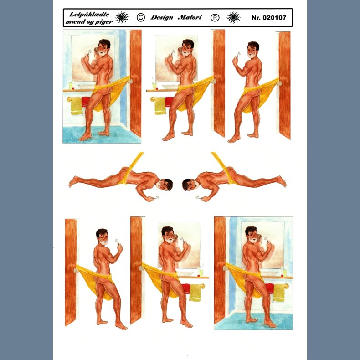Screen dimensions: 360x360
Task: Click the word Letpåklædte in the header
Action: tap(89, 15)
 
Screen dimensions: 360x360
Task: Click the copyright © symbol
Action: tap(141, 17)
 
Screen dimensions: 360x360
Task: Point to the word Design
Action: tap(162, 18)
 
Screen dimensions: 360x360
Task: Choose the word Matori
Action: tap(190, 17)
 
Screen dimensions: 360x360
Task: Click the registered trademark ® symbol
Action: tap(215, 18)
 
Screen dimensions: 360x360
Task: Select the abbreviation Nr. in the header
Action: tap(256, 18)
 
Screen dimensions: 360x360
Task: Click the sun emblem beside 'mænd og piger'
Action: tap(122, 17)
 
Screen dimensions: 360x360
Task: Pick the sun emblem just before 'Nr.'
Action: tap(233, 17)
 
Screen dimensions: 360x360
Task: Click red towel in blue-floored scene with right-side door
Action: tap(85, 102)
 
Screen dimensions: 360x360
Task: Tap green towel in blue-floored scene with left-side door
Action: tap(279, 293)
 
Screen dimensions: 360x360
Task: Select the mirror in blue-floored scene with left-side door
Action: tap(263, 245)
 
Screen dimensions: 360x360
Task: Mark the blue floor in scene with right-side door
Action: tap(101, 135)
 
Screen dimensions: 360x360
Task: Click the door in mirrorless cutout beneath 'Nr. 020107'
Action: tap(284, 85)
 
